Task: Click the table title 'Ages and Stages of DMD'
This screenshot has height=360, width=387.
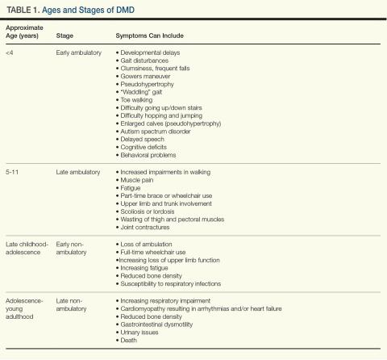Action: (88, 10)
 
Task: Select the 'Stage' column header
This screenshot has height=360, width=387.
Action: (64, 36)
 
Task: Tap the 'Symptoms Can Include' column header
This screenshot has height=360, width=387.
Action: (149, 36)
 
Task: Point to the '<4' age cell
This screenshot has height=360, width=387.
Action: (10, 52)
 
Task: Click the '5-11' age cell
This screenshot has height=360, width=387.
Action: (12, 172)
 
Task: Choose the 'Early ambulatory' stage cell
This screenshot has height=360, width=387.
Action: (79, 52)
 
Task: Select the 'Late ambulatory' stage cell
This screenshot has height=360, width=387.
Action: (78, 172)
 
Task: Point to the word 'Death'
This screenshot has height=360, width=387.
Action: (128, 340)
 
